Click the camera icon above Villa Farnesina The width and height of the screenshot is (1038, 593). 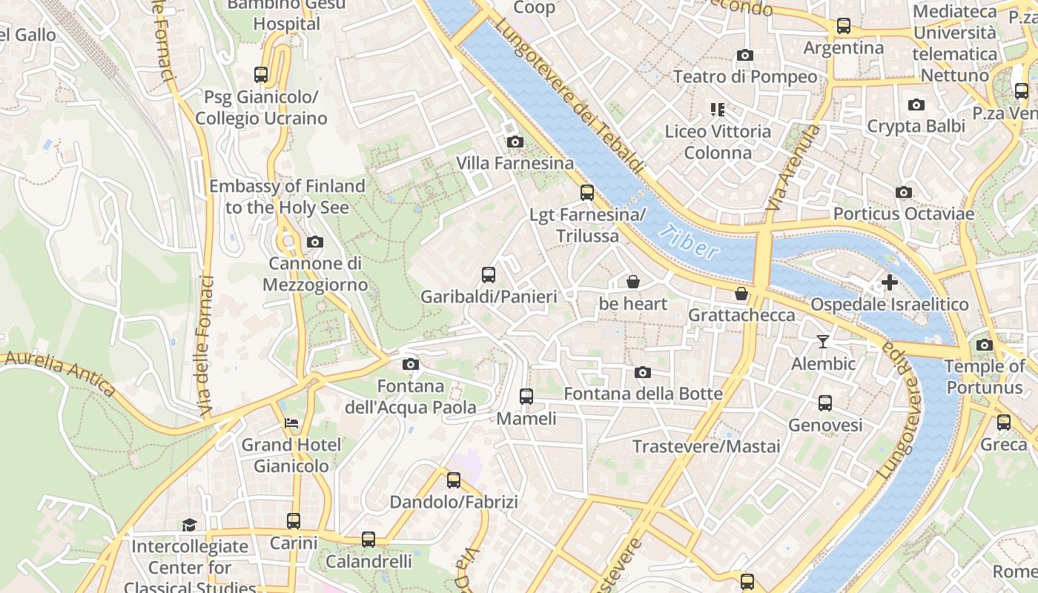click(x=515, y=142)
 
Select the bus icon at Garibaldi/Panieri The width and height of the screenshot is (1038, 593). click(x=489, y=275)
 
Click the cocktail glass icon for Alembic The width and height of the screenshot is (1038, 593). click(x=822, y=342)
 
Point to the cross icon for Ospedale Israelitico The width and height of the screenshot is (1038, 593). click(x=890, y=282)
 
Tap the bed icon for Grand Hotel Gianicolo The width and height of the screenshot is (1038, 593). click(x=292, y=423)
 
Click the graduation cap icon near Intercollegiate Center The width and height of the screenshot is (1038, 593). click(x=190, y=525)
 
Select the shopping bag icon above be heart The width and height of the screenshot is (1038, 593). click(x=633, y=282)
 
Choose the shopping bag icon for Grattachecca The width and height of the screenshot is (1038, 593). click(x=741, y=294)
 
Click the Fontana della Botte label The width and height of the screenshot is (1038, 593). click(x=643, y=394)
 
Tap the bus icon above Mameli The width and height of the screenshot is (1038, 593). click(x=526, y=397)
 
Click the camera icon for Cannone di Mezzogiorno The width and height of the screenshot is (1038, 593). click(x=315, y=242)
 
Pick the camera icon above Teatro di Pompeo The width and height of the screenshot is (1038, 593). click(x=745, y=55)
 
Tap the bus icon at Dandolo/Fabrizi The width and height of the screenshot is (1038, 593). click(x=454, y=480)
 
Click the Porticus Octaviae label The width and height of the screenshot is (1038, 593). click(x=903, y=213)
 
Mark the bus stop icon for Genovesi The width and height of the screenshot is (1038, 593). click(x=825, y=403)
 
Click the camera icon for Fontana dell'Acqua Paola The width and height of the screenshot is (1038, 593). click(x=410, y=364)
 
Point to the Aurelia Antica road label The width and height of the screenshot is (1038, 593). click(x=59, y=372)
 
